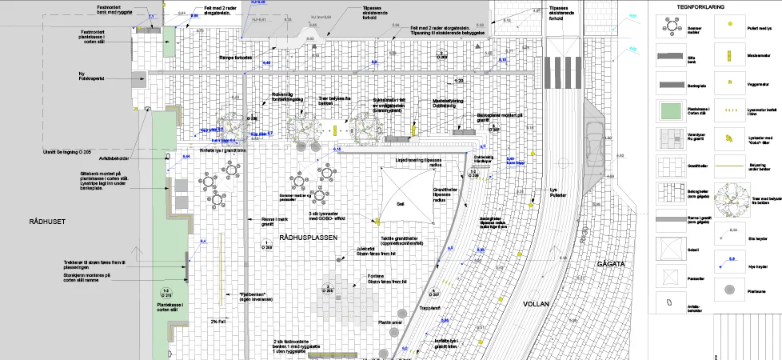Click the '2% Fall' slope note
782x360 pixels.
click(221, 321)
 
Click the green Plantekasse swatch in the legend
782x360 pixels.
click(666, 110)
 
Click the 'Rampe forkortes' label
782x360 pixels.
click(237, 57)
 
